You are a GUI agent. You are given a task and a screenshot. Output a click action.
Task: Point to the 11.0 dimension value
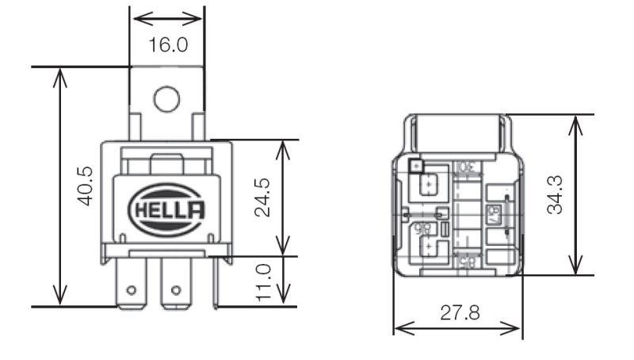coord(264,281)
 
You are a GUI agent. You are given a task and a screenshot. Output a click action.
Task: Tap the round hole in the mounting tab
coord(166,99)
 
